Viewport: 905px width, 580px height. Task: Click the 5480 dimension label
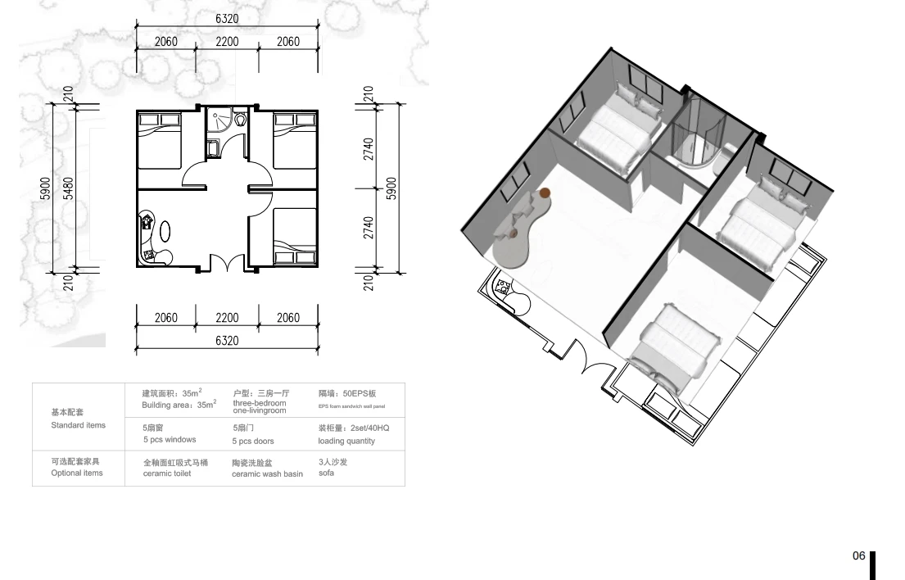point(69,188)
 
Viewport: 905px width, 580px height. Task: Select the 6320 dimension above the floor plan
point(227,19)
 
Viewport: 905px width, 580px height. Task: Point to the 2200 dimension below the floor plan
point(227,317)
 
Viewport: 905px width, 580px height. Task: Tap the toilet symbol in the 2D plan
point(240,119)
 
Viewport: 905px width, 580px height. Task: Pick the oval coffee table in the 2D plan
point(165,231)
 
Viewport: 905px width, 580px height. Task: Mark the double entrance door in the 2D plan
point(226,263)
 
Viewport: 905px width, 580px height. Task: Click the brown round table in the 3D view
point(545,193)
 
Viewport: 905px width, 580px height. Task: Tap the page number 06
point(859,555)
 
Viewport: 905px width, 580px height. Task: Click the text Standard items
point(79,425)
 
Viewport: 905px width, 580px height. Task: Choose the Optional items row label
point(77,473)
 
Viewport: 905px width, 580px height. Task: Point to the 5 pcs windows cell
point(170,439)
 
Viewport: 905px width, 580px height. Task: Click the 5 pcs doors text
point(253,441)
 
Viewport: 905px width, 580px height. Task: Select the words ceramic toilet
point(167,474)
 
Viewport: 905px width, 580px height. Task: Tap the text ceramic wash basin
point(267,474)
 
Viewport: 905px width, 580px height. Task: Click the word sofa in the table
point(326,473)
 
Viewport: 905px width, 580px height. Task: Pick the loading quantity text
point(346,441)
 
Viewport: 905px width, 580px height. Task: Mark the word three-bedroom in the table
point(260,403)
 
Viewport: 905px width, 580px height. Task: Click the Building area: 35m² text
point(179,405)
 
